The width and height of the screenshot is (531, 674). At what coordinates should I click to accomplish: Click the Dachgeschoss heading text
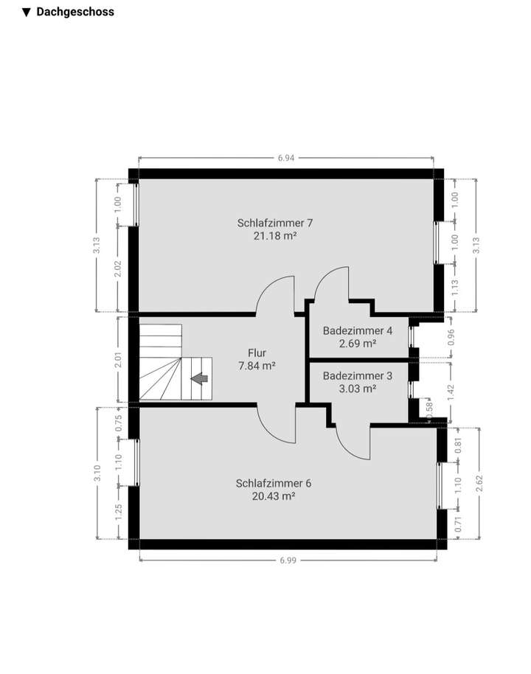click(x=75, y=12)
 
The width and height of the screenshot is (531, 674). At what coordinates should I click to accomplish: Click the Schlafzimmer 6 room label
click(x=274, y=484)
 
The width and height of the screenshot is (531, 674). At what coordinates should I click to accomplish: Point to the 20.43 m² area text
click(x=274, y=497)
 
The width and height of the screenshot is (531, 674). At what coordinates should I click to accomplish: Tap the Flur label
click(x=257, y=352)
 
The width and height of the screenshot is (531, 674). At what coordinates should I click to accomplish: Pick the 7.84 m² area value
click(x=257, y=366)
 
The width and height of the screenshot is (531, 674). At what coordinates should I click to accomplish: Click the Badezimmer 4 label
click(x=358, y=330)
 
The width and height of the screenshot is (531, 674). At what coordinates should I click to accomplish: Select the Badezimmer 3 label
click(x=358, y=375)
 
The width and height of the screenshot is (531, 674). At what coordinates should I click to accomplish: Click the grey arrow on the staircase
click(x=200, y=378)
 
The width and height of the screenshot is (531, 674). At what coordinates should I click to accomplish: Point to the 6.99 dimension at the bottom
click(x=289, y=560)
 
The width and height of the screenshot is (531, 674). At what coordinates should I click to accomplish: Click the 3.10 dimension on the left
click(x=97, y=473)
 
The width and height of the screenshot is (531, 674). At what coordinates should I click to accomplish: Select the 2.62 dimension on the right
click(x=479, y=483)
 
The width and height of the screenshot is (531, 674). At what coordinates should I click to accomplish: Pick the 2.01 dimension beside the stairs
click(x=119, y=361)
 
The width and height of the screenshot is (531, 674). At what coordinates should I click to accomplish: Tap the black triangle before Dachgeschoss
click(x=27, y=13)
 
